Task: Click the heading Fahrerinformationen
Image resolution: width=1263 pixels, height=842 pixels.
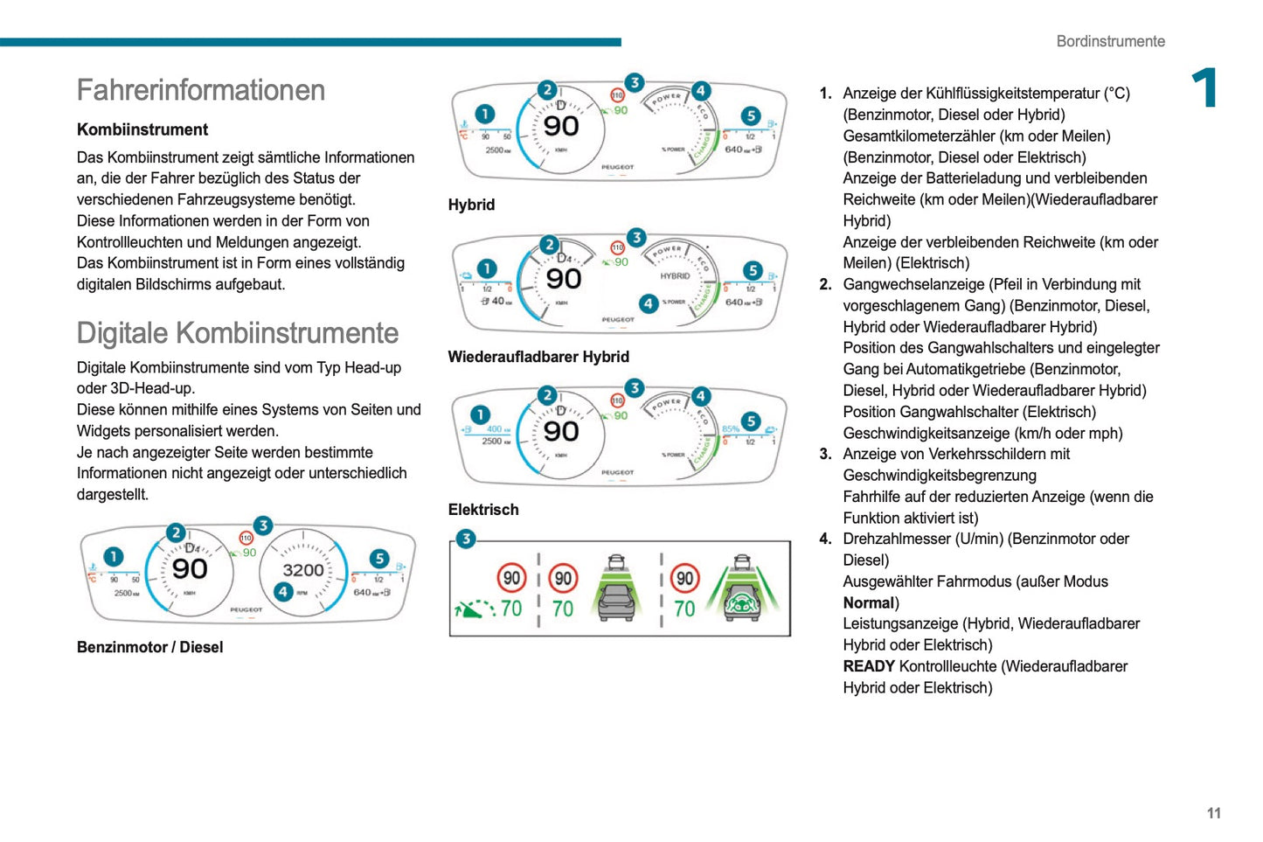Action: [x=200, y=90]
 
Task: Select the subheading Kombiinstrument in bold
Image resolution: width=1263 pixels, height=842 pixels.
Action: [x=142, y=129]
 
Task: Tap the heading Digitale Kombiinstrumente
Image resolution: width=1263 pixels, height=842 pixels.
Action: [x=237, y=333]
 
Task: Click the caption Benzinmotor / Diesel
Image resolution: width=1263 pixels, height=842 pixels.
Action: [x=149, y=647]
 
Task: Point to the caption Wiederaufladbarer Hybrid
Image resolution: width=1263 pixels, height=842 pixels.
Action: [x=538, y=357]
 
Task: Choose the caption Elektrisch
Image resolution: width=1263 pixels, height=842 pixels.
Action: [x=483, y=510]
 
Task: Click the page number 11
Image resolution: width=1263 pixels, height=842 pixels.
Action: [x=1213, y=813]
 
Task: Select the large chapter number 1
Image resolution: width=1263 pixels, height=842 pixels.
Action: [x=1204, y=88]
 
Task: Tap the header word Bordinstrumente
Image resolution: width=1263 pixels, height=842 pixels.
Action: [x=1110, y=41]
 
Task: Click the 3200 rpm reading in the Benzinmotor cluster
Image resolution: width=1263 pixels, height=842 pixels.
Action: [x=302, y=570]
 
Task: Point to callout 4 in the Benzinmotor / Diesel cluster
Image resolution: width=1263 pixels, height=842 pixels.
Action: [x=283, y=592]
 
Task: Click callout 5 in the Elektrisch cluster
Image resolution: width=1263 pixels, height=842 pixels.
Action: [x=750, y=421]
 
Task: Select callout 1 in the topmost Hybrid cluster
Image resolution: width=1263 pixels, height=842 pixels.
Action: [x=484, y=114]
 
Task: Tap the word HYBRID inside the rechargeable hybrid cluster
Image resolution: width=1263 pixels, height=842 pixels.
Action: [x=675, y=276]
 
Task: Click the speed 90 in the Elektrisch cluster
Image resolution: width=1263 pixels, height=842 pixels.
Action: [x=560, y=432]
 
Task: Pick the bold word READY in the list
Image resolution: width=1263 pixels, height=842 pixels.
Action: [x=868, y=666]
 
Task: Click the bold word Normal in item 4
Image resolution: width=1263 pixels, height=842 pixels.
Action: [x=868, y=602]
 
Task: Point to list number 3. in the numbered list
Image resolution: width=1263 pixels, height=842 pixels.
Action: [x=825, y=454]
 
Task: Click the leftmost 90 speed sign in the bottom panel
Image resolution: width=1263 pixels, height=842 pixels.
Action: [x=511, y=578]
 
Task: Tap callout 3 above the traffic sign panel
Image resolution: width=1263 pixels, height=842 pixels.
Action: [x=466, y=539]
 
